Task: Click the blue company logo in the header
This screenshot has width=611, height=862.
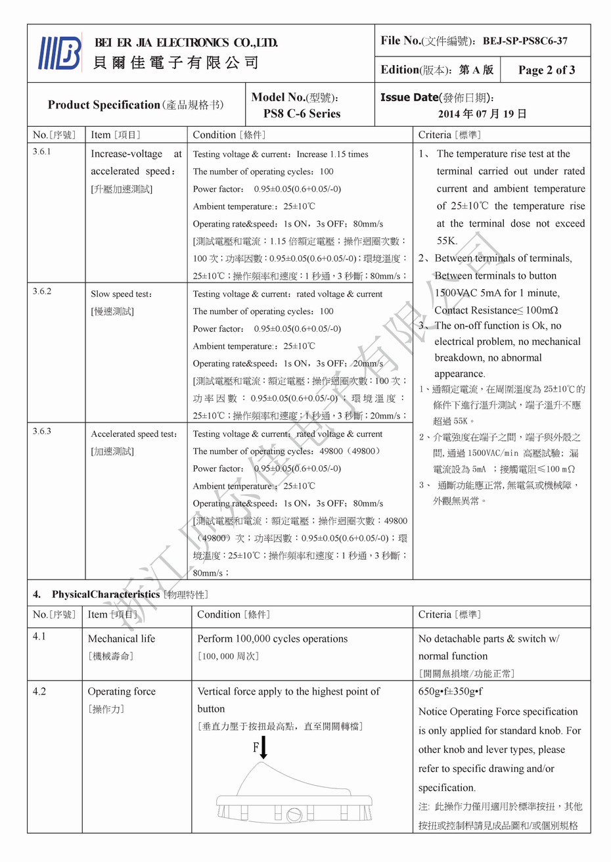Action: pyautogui.click(x=60, y=53)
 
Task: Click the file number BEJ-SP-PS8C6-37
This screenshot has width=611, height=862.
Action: pyautogui.click(x=525, y=41)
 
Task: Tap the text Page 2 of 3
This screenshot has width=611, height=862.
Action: pyautogui.click(x=547, y=70)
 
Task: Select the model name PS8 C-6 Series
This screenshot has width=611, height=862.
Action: pyautogui.click(x=302, y=114)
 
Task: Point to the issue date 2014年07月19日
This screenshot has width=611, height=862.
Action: pyautogui.click(x=482, y=114)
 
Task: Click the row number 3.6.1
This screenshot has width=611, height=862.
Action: pyautogui.click(x=42, y=152)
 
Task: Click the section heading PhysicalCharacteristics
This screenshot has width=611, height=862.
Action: pyautogui.click(x=106, y=595)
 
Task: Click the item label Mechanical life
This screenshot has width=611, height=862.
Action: pyautogui.click(x=122, y=639)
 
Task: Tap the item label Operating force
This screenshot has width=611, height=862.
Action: pyautogui.click(x=122, y=692)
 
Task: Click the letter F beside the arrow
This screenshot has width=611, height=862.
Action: pyautogui.click(x=256, y=748)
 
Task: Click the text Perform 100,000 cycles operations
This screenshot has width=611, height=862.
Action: pyautogui.click(x=272, y=639)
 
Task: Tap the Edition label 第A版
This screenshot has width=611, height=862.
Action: pyautogui.click(x=476, y=70)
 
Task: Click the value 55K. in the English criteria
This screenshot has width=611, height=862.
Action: pyautogui.click(x=447, y=241)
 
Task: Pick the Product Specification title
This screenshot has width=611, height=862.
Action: pyautogui.click(x=104, y=105)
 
